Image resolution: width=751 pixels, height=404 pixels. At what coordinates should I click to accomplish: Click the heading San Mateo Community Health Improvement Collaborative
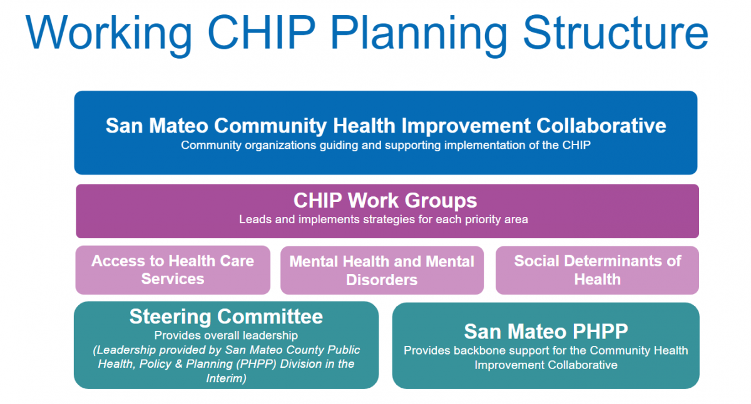point(386,126)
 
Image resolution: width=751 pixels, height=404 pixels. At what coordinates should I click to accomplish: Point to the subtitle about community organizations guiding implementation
point(386,145)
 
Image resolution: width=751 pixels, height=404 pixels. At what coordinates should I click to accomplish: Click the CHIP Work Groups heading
point(386,200)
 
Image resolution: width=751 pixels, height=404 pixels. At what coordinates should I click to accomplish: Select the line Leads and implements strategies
point(384,220)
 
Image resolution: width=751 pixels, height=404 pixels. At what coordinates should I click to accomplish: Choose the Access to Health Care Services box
point(173,270)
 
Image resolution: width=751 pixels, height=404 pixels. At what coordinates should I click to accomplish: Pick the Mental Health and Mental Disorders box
point(382,270)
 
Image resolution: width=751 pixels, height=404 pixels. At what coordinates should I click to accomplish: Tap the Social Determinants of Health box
point(597,270)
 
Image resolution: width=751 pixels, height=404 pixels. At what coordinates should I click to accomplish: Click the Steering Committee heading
point(226,316)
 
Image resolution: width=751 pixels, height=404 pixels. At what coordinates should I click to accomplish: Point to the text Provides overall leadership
point(226,335)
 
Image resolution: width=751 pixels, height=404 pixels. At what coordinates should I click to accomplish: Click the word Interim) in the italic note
point(226,378)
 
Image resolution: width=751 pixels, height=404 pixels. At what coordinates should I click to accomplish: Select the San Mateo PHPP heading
point(546,331)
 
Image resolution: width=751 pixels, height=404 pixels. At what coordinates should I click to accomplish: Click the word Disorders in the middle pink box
point(382,280)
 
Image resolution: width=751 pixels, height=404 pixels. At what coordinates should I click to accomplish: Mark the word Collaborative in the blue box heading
point(601,126)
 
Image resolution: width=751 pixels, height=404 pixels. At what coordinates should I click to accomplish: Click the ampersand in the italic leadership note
point(178,364)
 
